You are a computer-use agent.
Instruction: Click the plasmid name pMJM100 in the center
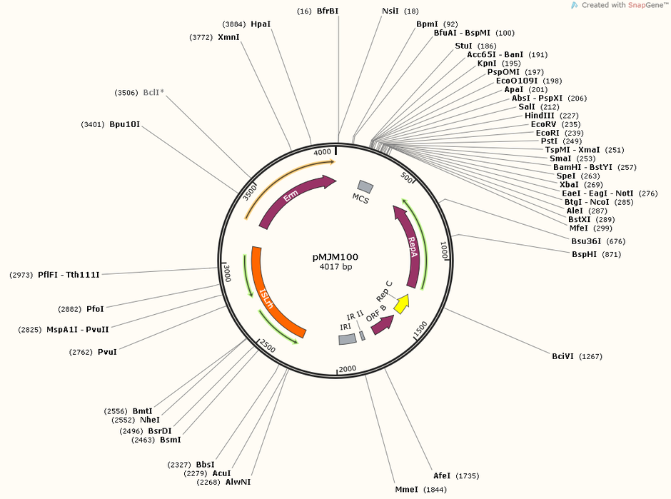[335, 257]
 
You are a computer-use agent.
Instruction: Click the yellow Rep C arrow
[401, 303]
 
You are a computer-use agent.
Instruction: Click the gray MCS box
[365, 186]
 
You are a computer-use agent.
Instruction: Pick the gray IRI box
[347, 339]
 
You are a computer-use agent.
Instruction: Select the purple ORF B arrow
[382, 325]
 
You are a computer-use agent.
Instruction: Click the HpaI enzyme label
[261, 24]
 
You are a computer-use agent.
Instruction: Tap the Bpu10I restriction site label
[124, 124]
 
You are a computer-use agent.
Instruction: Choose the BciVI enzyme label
[562, 356]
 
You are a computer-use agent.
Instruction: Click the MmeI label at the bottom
[407, 489]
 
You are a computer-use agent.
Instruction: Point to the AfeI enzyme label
[442, 475]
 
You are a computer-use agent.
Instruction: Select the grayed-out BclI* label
[153, 92]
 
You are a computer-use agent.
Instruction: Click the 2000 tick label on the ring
[348, 369]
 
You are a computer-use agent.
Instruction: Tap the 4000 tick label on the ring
[322, 152]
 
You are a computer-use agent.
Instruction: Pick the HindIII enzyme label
[539, 116]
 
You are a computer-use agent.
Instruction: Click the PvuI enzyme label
[107, 352]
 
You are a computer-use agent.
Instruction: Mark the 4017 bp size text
[335, 266]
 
